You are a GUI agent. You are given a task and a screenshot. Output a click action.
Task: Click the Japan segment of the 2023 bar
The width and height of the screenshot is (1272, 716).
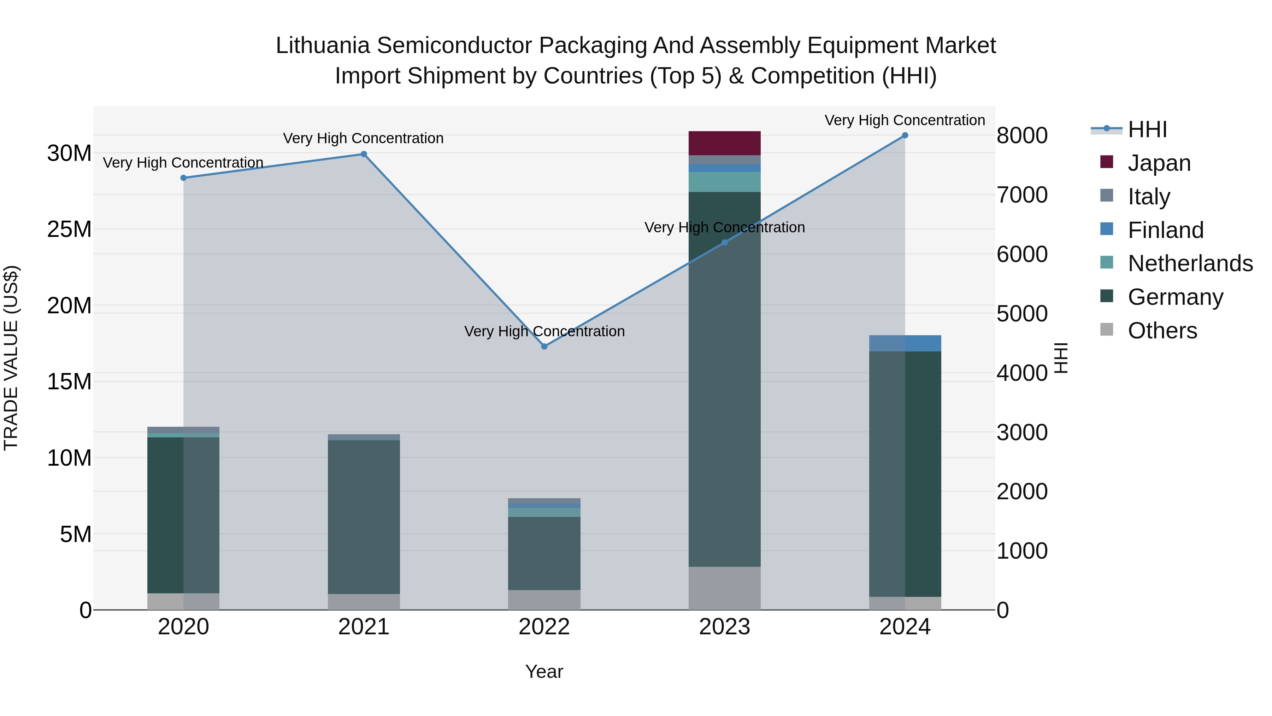tap(724, 143)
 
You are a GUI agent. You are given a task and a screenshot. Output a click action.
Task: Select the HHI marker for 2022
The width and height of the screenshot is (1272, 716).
tap(544, 347)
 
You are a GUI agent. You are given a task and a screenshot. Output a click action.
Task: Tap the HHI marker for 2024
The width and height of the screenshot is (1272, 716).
tap(905, 135)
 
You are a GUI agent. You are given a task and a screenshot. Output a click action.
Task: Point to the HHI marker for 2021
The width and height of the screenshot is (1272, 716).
tap(364, 154)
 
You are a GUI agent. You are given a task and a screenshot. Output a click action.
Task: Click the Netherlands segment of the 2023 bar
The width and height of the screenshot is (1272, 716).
tap(724, 182)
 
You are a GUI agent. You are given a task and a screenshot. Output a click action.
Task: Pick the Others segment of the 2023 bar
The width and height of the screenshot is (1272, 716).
tap(724, 588)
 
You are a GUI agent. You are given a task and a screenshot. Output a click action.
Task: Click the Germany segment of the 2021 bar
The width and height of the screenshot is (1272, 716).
tap(364, 516)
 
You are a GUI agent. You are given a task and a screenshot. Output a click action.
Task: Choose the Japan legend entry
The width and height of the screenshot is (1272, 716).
tap(1159, 163)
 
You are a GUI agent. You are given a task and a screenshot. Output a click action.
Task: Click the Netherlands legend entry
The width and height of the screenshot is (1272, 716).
tap(1190, 263)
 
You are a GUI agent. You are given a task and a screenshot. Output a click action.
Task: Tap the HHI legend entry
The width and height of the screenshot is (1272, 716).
tap(1147, 129)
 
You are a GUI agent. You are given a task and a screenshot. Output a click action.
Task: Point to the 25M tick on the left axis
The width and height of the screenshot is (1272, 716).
tap(69, 229)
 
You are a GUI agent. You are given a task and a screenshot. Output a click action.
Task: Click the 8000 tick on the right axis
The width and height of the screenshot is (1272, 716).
tap(1021, 136)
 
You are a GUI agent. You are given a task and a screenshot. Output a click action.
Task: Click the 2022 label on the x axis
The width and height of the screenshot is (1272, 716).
tap(544, 627)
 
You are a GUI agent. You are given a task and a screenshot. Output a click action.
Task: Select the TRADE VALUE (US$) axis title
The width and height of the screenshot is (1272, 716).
tap(11, 358)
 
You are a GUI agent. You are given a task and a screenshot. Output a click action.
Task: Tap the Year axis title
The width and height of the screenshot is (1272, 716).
tap(544, 671)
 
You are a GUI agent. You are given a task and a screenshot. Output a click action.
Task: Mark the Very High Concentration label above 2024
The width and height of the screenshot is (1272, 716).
tap(905, 120)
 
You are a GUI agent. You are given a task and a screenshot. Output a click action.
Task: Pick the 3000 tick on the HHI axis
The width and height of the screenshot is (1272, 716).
tap(1021, 432)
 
